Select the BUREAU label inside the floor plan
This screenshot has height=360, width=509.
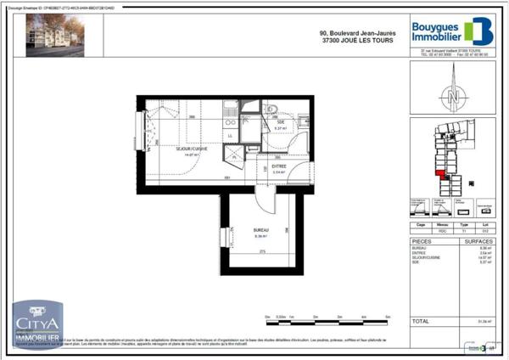point(260,230)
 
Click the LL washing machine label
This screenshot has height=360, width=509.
point(230,136)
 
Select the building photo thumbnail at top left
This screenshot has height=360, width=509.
point(54,37)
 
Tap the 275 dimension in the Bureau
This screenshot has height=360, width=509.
point(262,252)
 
